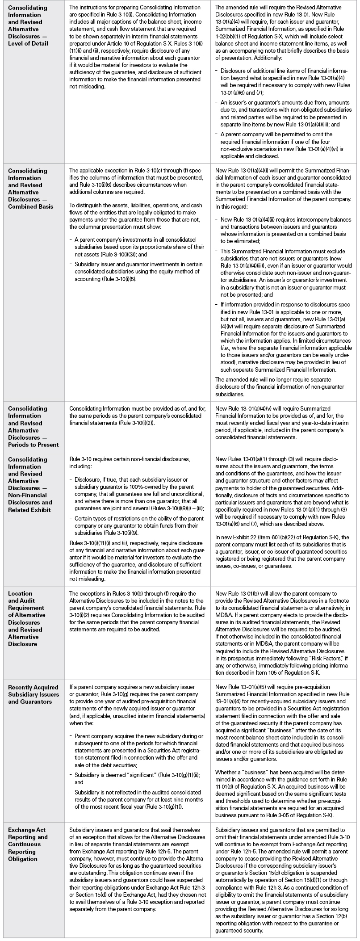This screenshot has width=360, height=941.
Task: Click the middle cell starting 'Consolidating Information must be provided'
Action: click(137, 415)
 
